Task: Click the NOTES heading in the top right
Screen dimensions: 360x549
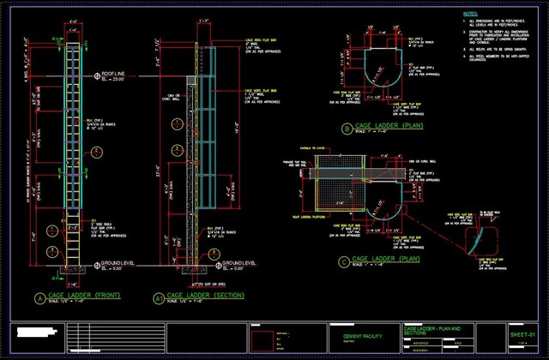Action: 471,15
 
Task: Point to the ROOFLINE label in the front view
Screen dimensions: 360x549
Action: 114,74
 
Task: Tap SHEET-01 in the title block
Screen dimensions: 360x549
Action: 522,333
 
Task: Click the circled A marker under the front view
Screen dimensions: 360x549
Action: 39,298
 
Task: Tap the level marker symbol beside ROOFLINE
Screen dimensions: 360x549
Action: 96,77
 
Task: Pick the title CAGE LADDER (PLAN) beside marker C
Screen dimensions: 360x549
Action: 387,257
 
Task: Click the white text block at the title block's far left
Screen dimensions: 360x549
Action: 44,333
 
